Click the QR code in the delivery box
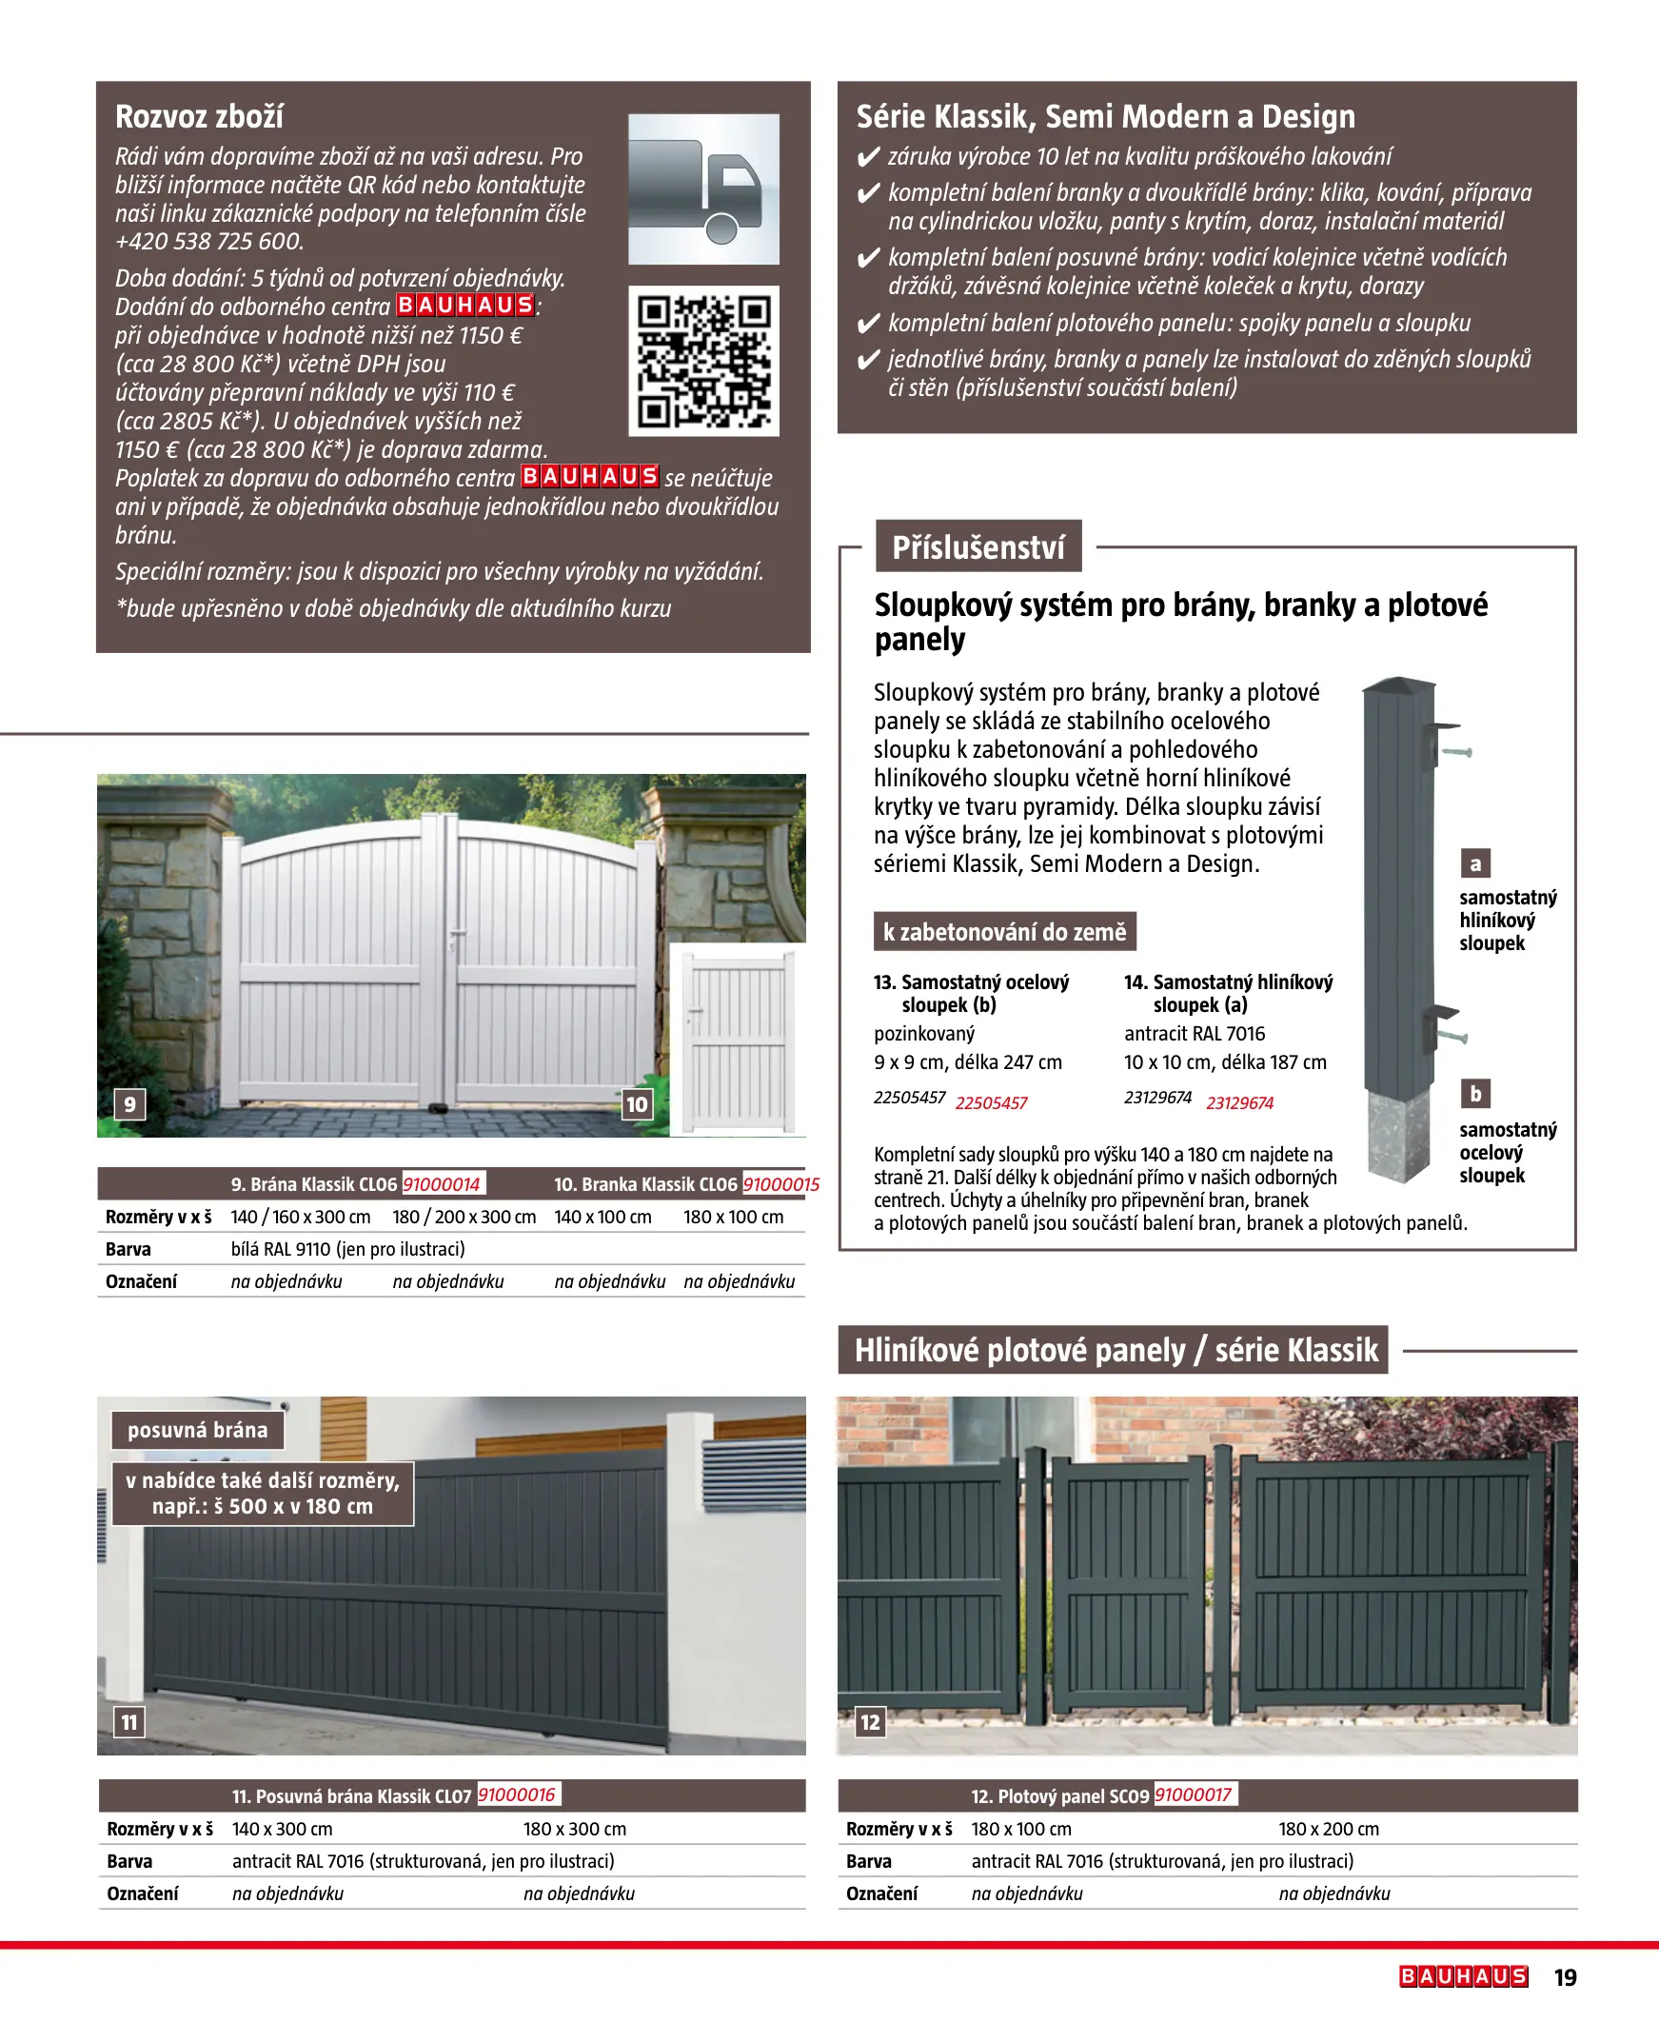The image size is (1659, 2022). click(x=703, y=361)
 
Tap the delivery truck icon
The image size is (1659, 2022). click(x=703, y=189)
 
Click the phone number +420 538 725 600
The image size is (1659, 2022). click(x=209, y=242)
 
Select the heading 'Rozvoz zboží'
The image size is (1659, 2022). click(x=199, y=116)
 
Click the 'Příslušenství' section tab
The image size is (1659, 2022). click(x=978, y=547)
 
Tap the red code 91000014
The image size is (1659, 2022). click(x=442, y=1184)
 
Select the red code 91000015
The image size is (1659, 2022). click(x=780, y=1184)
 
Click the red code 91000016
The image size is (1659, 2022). click(x=516, y=1794)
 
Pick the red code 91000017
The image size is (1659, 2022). click(x=1193, y=1794)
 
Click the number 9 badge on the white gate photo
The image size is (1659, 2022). click(x=130, y=1104)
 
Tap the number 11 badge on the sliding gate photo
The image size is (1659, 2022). click(x=129, y=1722)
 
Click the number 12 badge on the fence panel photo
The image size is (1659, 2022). click(x=870, y=1722)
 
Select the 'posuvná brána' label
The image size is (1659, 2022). click(x=198, y=1431)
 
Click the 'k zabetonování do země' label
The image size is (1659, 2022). click(x=1004, y=932)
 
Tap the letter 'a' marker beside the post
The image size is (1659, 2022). click(x=1475, y=863)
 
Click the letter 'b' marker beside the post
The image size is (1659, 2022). click(x=1475, y=1093)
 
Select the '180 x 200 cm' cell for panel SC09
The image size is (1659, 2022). click(x=1329, y=1829)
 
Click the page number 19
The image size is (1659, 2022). click(x=1566, y=1977)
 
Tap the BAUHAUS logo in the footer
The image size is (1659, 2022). click(x=1463, y=1976)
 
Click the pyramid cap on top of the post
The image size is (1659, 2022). click(x=1399, y=685)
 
